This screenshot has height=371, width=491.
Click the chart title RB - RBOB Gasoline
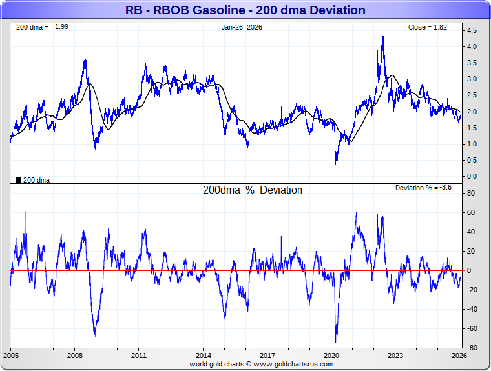click(245, 10)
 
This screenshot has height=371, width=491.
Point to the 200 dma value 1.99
click(61, 27)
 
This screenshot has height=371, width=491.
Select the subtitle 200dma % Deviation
click(253, 190)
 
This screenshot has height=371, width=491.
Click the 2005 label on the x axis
click(12, 356)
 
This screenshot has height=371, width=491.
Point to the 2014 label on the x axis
click(204, 356)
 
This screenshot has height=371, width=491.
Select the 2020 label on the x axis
click(331, 356)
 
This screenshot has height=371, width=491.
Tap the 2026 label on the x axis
click(459, 356)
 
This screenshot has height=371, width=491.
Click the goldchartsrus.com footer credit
click(261, 364)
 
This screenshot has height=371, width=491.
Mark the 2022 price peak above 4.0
click(383, 37)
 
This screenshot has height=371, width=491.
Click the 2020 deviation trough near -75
click(336, 342)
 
